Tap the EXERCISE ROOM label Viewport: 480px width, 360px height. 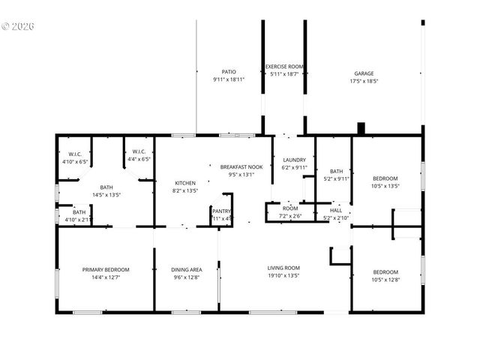[283, 67]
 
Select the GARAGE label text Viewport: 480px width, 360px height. [364, 73]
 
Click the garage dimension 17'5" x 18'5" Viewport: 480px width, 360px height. [364, 81]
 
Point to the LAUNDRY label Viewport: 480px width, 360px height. [294, 160]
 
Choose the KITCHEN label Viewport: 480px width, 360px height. [185, 183]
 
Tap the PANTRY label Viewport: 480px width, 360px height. [221, 211]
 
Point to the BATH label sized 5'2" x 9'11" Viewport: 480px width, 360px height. [336, 171]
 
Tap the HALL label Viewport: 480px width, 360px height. [336, 211]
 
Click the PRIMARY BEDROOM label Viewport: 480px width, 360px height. [106, 270]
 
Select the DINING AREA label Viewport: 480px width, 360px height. [185, 270]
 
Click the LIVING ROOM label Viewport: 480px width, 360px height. [283, 268]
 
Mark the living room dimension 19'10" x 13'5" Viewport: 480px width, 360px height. [283, 275]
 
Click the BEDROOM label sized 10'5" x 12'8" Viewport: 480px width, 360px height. [385, 271]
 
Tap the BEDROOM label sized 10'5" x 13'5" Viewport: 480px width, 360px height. [385, 178]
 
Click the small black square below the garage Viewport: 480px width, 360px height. [361, 129]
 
